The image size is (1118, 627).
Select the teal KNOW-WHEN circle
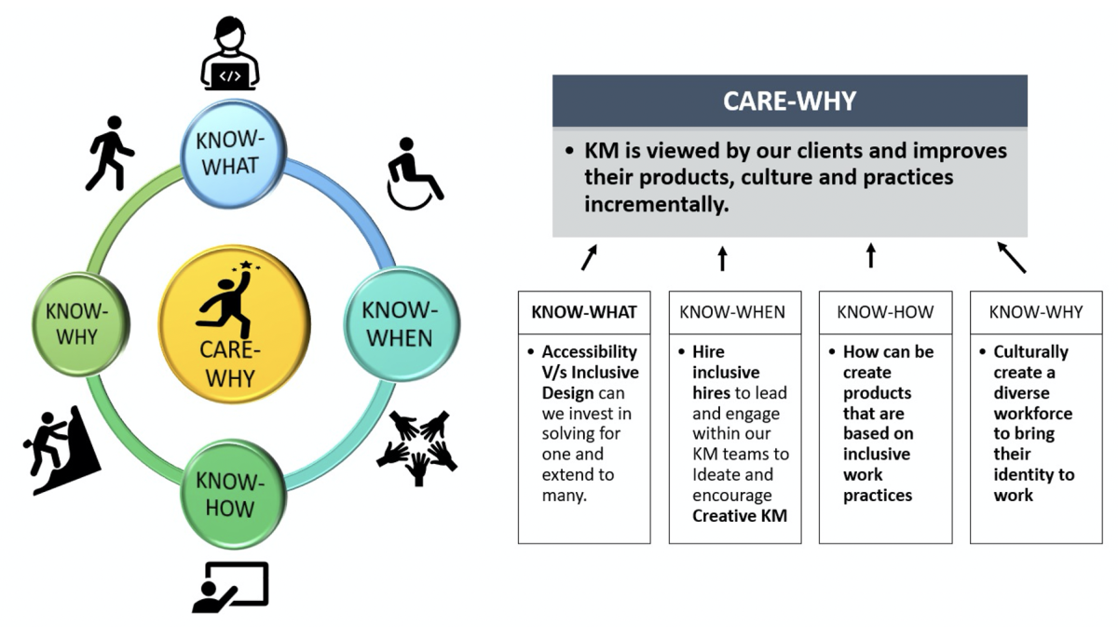point(402,324)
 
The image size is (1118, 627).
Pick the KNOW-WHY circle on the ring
point(80,324)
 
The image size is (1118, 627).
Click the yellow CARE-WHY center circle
point(234,324)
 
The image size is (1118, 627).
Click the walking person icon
point(110,154)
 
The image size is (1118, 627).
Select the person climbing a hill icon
point(61,450)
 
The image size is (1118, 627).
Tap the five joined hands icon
point(417,447)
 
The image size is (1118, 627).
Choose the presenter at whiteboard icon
point(231,587)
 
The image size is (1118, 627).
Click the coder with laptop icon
point(230,53)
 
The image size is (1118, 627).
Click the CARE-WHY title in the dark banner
point(790,101)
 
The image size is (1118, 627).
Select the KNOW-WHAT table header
point(584,312)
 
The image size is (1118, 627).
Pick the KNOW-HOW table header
point(885,312)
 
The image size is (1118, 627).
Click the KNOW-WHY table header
point(1036,312)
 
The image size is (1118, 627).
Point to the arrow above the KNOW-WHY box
point(1011,257)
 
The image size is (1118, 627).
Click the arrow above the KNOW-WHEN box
point(722,258)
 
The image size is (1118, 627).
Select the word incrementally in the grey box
point(657,205)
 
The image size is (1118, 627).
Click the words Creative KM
point(740,516)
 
